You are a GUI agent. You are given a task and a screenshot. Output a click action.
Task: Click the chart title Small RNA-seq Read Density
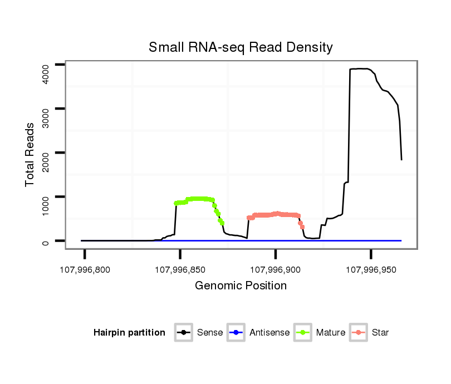point(241,47)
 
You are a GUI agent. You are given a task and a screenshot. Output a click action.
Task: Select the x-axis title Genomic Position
point(241,286)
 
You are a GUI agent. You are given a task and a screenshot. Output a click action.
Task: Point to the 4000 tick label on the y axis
point(46,65)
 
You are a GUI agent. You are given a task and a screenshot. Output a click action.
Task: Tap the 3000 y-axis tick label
point(46,109)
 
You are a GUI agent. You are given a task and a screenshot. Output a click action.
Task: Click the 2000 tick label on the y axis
point(46,152)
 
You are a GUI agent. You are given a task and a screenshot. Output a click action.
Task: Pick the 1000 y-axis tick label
point(46,196)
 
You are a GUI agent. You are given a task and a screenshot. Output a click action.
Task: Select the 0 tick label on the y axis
point(46,241)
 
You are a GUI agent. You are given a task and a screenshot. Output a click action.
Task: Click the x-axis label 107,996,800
point(85,270)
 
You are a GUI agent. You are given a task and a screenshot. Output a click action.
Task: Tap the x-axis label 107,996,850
point(180,270)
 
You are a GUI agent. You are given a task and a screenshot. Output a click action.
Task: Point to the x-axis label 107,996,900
point(275,270)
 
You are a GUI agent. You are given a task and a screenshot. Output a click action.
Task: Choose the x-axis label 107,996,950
point(370,270)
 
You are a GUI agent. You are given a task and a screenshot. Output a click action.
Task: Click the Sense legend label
point(210,333)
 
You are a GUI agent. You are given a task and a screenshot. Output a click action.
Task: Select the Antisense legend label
point(269,333)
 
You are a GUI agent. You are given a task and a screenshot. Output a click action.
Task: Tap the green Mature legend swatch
point(303,333)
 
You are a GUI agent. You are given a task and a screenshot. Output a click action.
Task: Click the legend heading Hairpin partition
point(129,333)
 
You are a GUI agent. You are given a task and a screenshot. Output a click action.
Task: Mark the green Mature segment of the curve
point(198,199)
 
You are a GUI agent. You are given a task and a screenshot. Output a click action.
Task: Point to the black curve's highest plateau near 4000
point(362,68)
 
